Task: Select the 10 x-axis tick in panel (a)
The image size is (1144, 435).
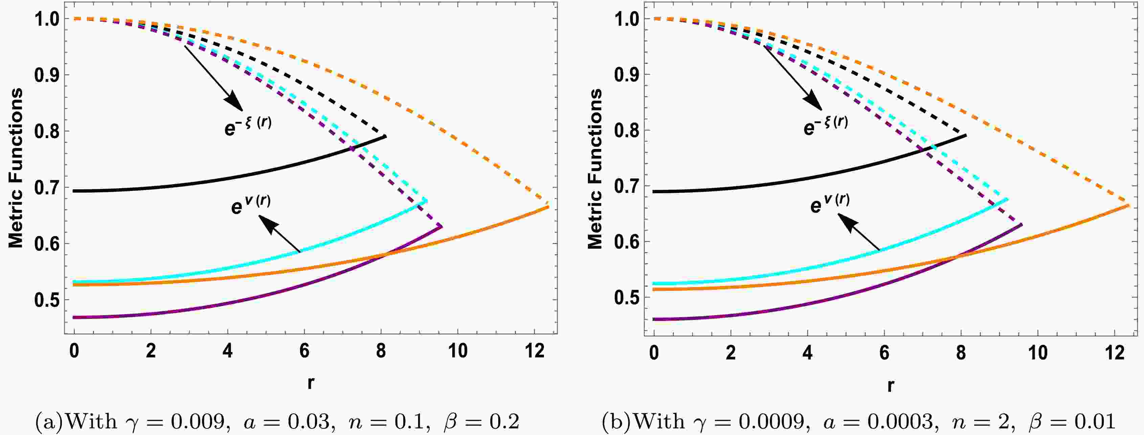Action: (x=457, y=351)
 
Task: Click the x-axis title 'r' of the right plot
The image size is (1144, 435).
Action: (x=890, y=385)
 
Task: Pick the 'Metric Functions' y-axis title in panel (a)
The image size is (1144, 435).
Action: (x=16, y=168)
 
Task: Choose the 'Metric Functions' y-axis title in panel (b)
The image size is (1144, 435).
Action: (x=595, y=169)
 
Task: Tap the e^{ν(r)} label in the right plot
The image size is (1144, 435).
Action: (x=829, y=204)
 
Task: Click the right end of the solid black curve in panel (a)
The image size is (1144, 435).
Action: (x=386, y=136)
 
